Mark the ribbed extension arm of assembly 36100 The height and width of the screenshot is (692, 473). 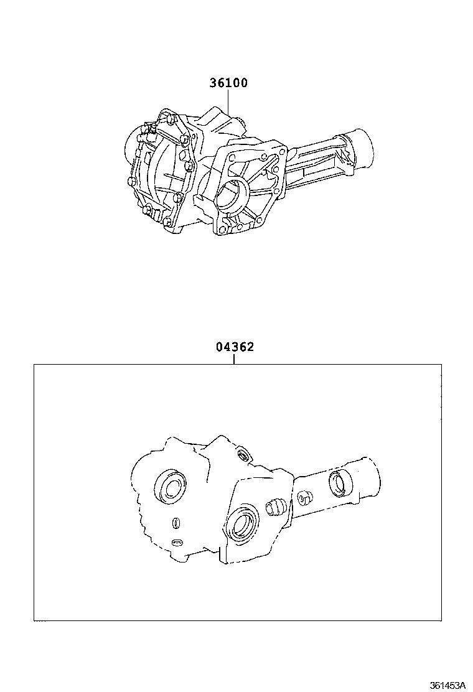pyautogui.click(x=317, y=163)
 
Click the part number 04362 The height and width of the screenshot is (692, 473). pyautogui.click(x=235, y=347)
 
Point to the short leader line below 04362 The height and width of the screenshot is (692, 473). pyautogui.click(x=234, y=359)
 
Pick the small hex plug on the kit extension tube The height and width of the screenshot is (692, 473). pyautogui.click(x=304, y=498)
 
